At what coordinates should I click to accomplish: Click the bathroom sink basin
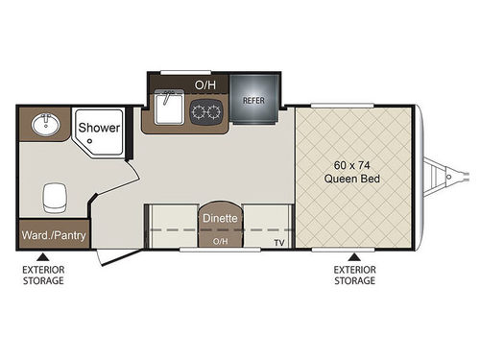click(x=44, y=125)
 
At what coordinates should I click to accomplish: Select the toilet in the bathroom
click(x=52, y=199)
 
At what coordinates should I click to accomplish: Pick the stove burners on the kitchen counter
click(x=205, y=110)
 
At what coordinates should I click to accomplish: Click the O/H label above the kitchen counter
click(x=205, y=84)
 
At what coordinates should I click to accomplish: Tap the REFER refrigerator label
click(x=253, y=99)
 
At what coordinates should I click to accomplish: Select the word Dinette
click(x=219, y=218)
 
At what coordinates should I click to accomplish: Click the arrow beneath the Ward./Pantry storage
click(x=41, y=256)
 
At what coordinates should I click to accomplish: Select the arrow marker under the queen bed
click(x=354, y=256)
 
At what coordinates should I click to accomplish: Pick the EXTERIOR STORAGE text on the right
click(x=354, y=276)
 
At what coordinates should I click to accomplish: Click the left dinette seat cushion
click(x=171, y=228)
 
